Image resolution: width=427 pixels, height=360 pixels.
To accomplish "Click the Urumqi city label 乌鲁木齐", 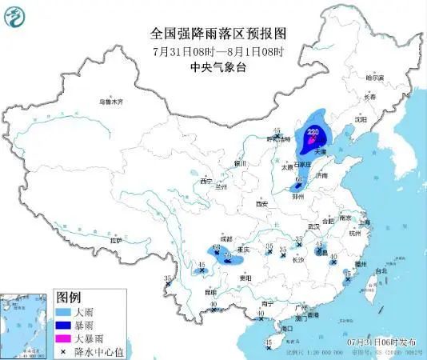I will [x=110, y=102].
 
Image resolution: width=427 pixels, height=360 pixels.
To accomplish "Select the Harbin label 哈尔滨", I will [x=377, y=77].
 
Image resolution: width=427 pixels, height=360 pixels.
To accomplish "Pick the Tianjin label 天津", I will [x=320, y=150].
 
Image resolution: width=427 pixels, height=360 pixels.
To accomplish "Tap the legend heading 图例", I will [x=70, y=297].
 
